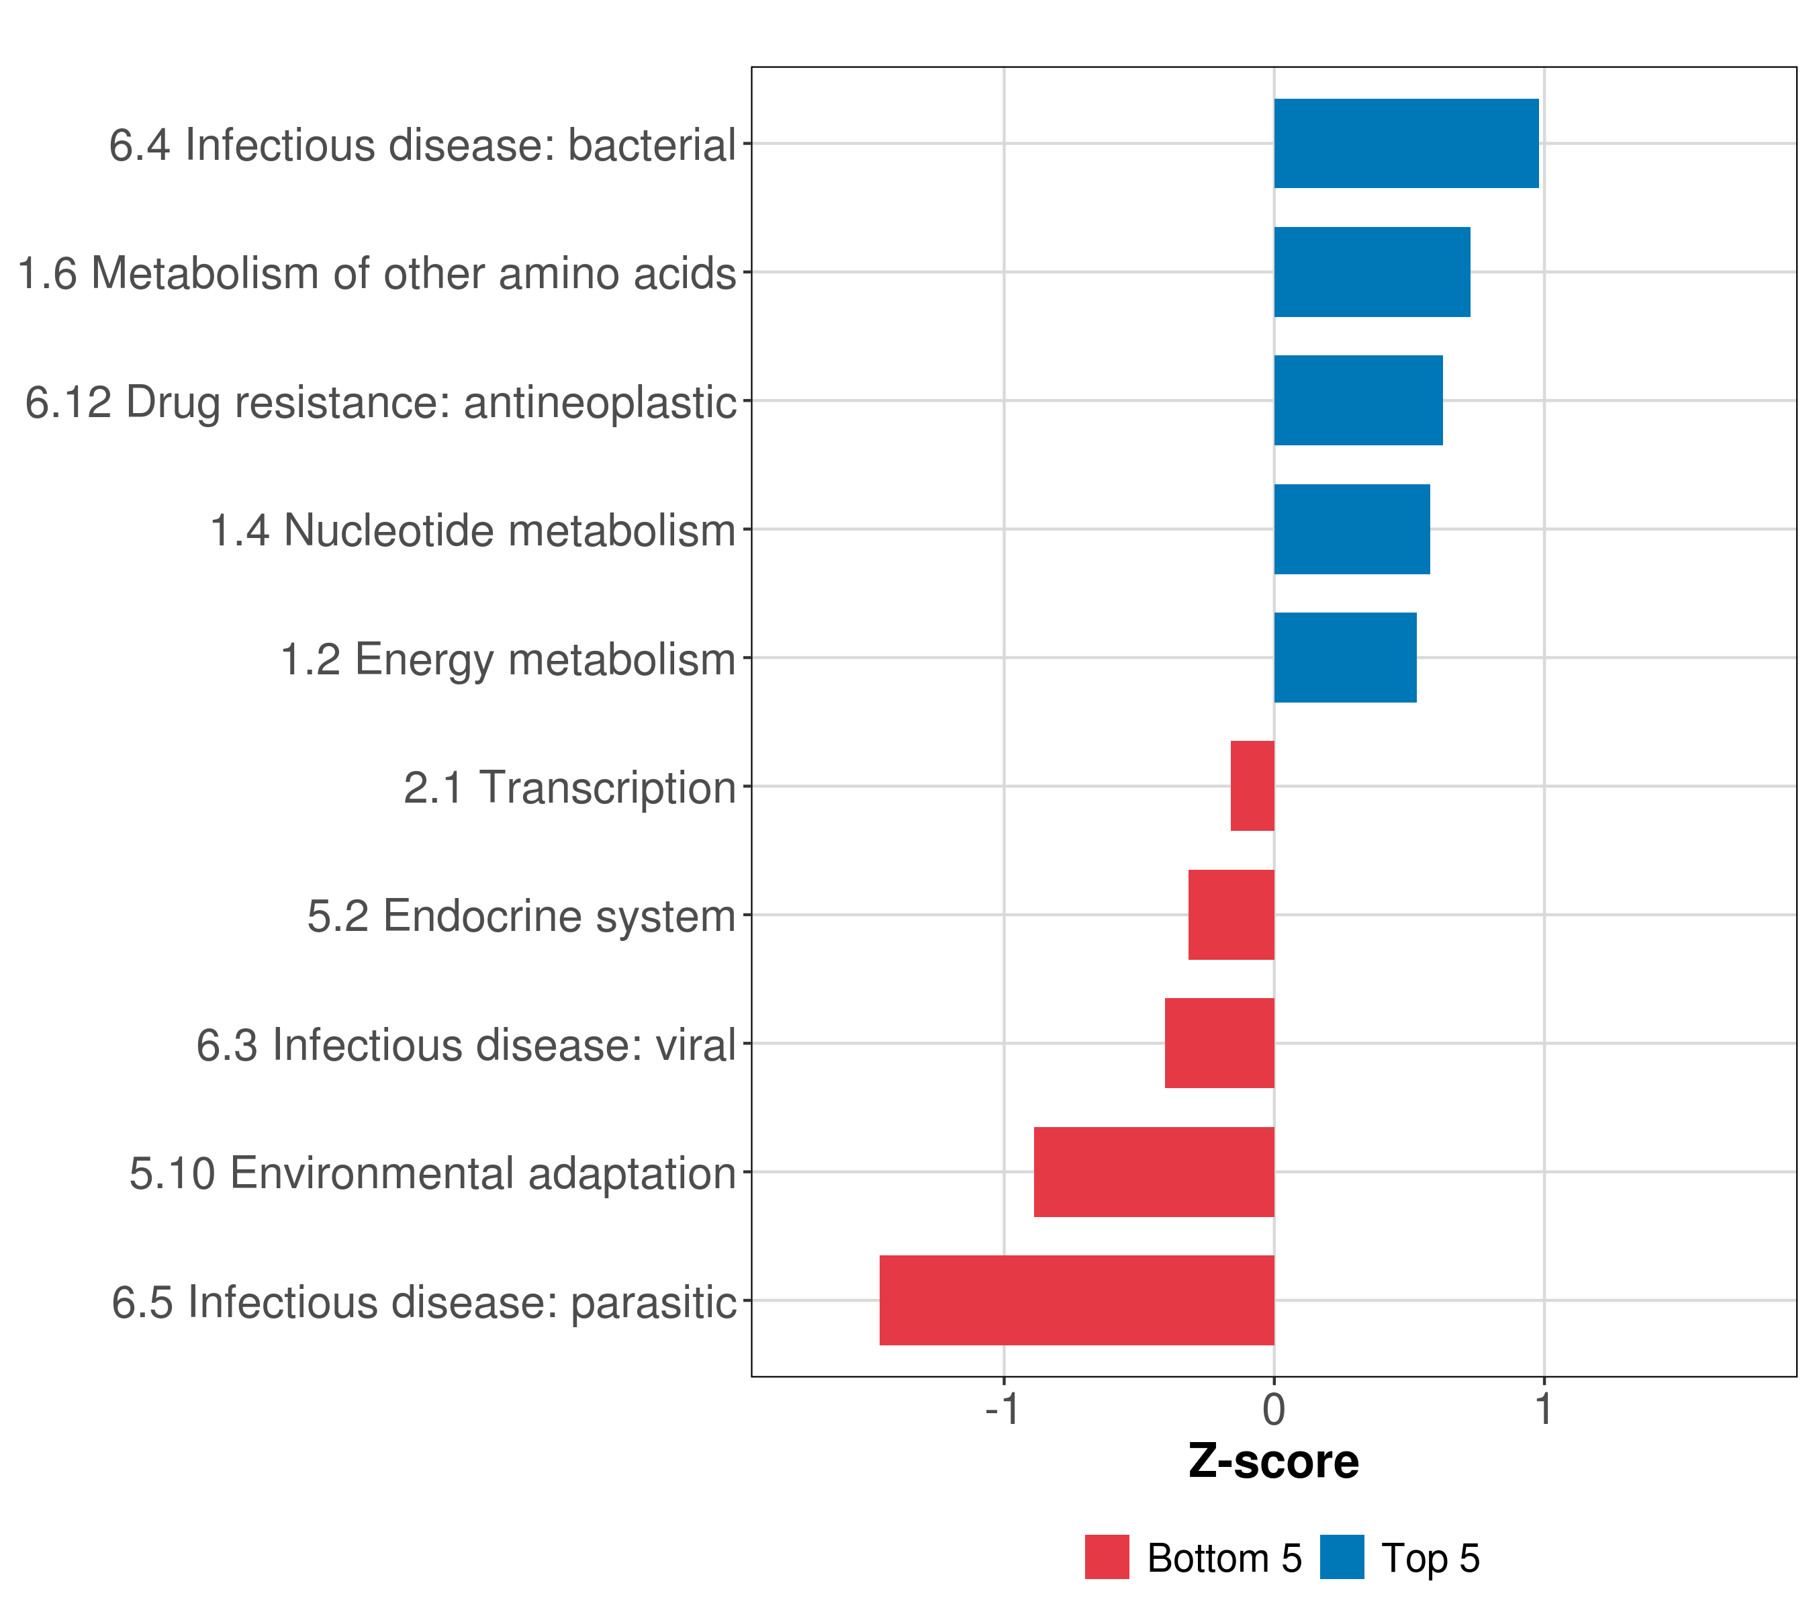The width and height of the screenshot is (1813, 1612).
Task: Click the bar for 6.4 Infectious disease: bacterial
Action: [x=1406, y=143]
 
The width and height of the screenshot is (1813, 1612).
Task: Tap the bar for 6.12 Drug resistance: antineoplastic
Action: [x=1358, y=400]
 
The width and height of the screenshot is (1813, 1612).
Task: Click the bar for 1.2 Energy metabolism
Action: [x=1345, y=658]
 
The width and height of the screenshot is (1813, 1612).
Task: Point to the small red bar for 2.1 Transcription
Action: [x=1252, y=786]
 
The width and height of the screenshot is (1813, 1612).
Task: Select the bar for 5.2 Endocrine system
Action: [x=1231, y=915]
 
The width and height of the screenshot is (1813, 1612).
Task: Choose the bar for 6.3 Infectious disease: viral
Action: [x=1219, y=1043]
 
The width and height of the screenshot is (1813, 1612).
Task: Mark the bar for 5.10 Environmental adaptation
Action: [x=1154, y=1172]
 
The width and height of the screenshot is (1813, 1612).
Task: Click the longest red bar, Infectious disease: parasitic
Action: [x=1077, y=1300]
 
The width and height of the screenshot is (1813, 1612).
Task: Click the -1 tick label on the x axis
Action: [x=1003, y=1409]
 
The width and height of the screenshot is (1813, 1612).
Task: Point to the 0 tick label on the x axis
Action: [x=1274, y=1409]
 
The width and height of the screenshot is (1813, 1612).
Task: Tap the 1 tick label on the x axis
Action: [x=1544, y=1409]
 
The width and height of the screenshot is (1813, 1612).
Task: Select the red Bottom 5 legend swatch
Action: [x=1107, y=1557]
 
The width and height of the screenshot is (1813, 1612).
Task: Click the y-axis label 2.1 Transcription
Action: [x=569, y=788]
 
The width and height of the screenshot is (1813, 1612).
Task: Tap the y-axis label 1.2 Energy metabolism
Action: [x=508, y=659]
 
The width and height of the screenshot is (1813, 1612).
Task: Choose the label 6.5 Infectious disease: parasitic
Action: [x=424, y=1302]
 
